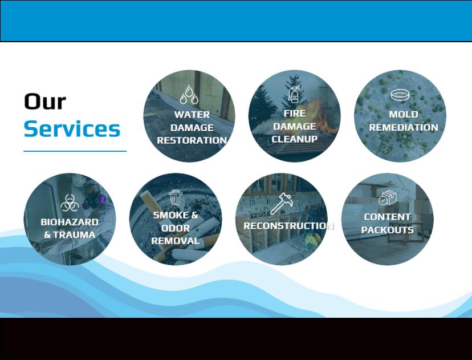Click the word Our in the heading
click(x=45, y=102)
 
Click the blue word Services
click(x=72, y=129)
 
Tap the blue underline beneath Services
click(x=75, y=151)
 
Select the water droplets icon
click(x=189, y=95)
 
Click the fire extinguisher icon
click(x=294, y=94)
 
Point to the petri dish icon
click(x=400, y=95)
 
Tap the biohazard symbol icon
click(x=70, y=203)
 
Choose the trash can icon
click(x=176, y=197)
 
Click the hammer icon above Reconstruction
click(x=281, y=204)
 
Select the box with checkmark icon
click(x=387, y=197)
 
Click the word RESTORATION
click(x=192, y=140)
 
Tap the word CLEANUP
click(x=294, y=139)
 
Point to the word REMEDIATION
click(x=404, y=127)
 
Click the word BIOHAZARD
click(x=70, y=222)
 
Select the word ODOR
click(x=176, y=228)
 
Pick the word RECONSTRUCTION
click(x=288, y=225)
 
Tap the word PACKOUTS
click(x=387, y=230)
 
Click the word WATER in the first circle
click(x=192, y=115)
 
